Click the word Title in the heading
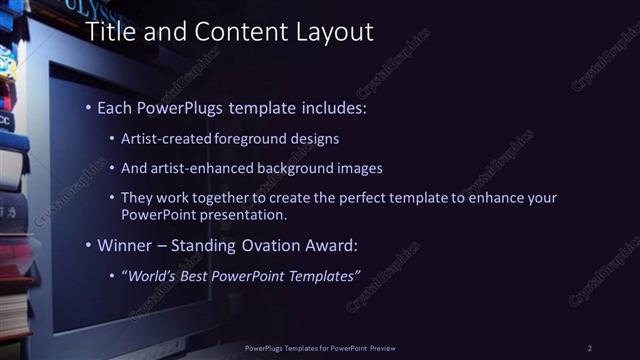click(x=109, y=32)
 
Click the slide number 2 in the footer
click(x=590, y=347)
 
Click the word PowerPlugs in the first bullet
click(x=177, y=105)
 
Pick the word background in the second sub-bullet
click(x=296, y=168)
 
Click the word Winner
click(x=125, y=245)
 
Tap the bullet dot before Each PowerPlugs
click(x=88, y=106)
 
